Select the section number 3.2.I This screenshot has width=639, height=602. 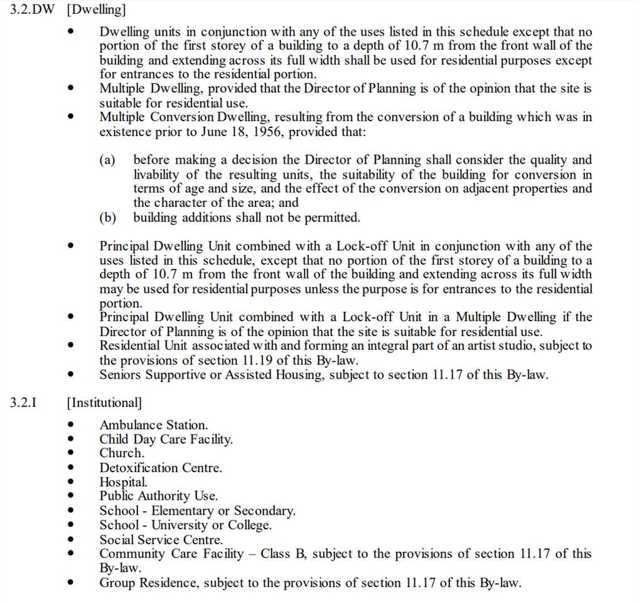point(23,402)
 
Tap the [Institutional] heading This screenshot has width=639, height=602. point(104,403)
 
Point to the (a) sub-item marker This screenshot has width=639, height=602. point(107,161)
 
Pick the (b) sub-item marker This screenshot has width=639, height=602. point(107,218)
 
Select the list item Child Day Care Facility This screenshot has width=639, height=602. point(166,439)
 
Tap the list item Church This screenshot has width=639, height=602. point(122,453)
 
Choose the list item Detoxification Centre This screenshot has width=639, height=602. point(161,468)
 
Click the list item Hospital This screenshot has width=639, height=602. point(124,482)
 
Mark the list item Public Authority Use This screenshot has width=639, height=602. point(159,496)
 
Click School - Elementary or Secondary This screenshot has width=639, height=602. point(197,511)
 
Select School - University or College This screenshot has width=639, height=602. point(186,525)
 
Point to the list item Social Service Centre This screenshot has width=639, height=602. point(161,539)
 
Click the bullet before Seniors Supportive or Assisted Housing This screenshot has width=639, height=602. point(72,375)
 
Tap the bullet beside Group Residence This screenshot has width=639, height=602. point(72,583)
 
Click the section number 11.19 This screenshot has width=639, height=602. point(256,361)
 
